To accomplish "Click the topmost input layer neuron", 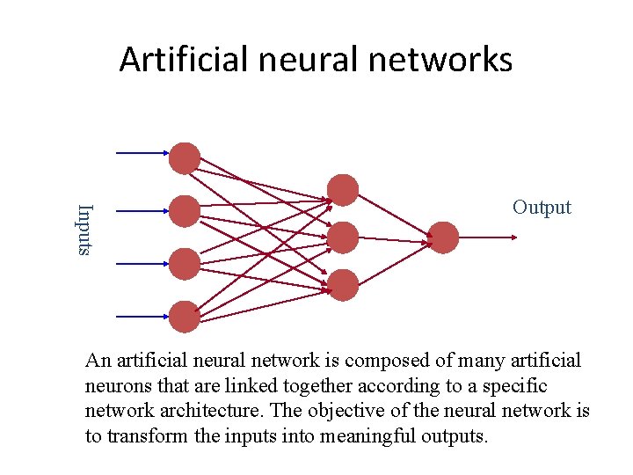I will (x=185, y=158).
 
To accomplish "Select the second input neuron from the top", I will (x=185, y=211).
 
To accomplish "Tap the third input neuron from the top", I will (x=185, y=264).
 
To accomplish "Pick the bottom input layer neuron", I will (x=185, y=317).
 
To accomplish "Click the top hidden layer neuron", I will (x=343, y=190).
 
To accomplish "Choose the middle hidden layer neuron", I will (x=343, y=237).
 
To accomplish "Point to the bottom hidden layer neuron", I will (x=343, y=285).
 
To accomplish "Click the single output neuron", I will (x=443, y=237).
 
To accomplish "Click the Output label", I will (x=542, y=208).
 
